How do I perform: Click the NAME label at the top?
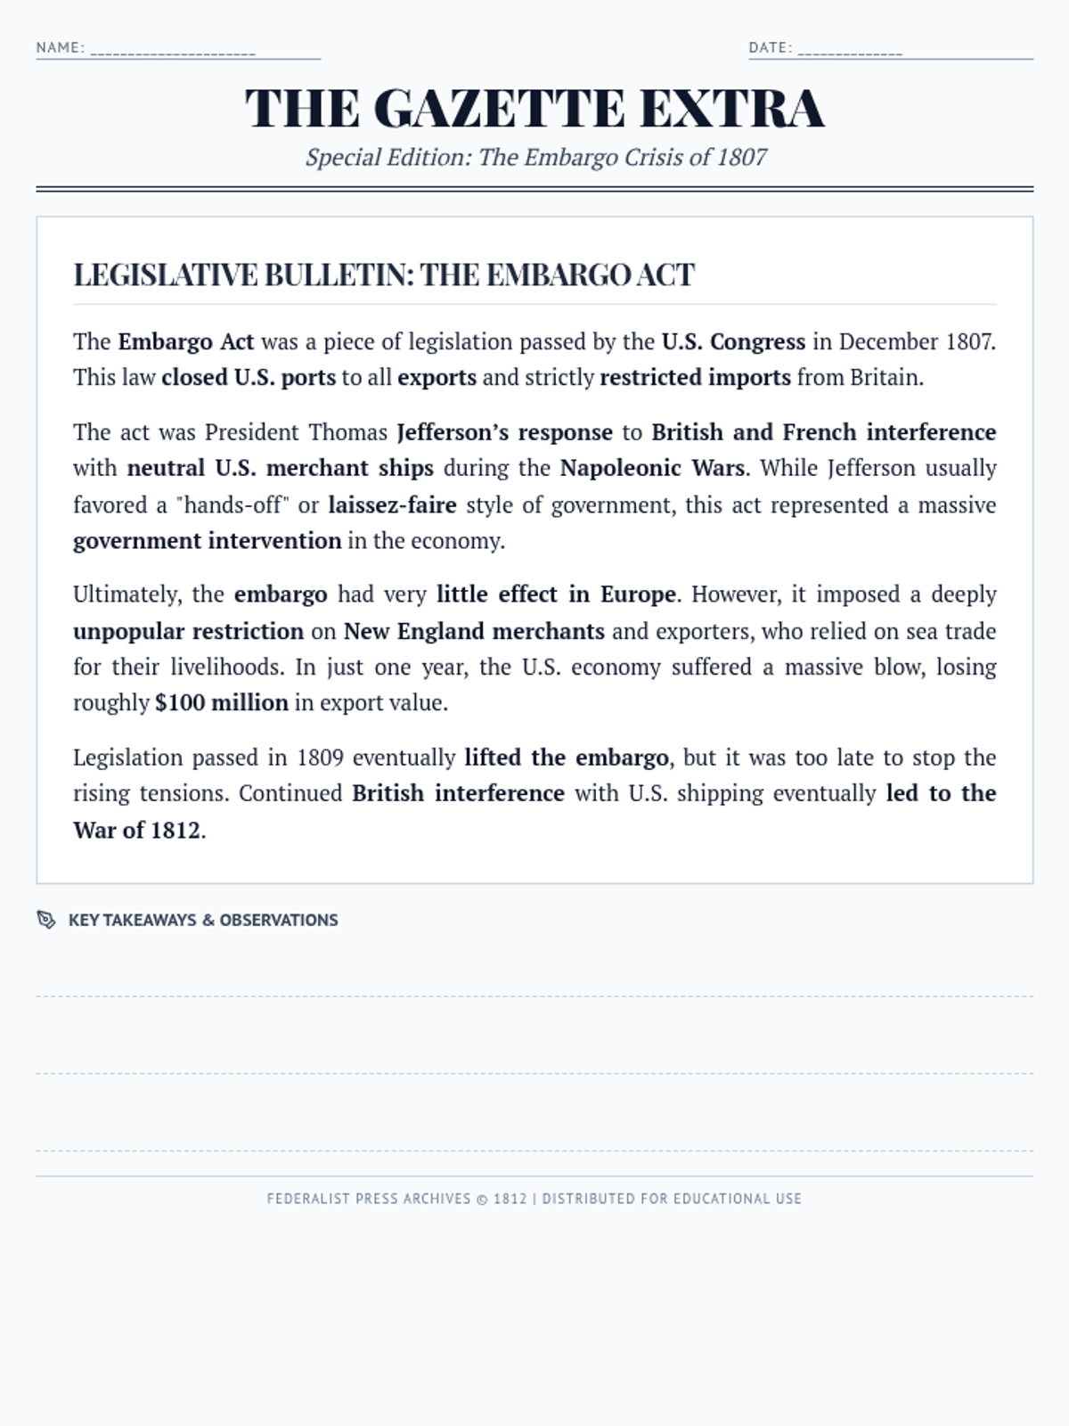[x=59, y=47]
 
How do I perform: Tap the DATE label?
[x=769, y=47]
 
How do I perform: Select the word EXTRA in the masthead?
[x=731, y=109]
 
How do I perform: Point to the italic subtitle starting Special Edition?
[x=535, y=158]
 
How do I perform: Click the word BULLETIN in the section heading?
[x=339, y=275]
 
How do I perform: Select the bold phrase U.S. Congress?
[x=732, y=342]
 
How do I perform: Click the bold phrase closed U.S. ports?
[x=249, y=378]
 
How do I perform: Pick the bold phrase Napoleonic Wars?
[x=652, y=468]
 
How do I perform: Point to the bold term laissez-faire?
[x=392, y=505]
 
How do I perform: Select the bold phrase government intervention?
[x=207, y=541]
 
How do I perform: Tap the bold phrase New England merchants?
[x=474, y=632]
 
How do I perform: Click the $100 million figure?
[x=222, y=703]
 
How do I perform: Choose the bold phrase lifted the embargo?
[x=567, y=758]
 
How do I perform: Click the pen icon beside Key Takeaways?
[x=46, y=920]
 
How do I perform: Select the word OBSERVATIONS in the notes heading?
[x=279, y=920]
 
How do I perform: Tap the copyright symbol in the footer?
[x=481, y=1199]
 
